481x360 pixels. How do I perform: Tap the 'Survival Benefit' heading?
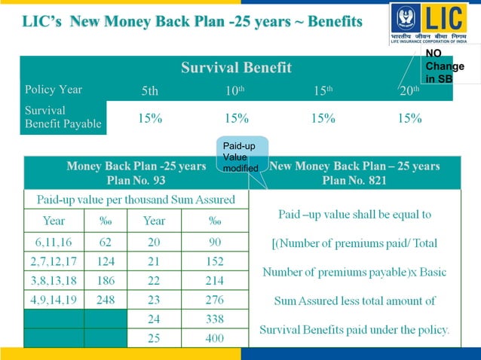pos(236,68)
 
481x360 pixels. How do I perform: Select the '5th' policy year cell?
pos(150,91)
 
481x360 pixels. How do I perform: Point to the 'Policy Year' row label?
pos(54,90)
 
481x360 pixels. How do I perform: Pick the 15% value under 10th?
pos(236,118)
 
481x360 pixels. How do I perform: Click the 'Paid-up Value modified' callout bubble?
pos(240,156)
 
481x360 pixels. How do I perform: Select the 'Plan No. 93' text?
pos(136,181)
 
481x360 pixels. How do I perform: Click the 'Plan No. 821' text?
pos(354,181)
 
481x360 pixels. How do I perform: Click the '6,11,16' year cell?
pos(54,242)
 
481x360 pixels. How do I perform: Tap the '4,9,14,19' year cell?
pos(54,300)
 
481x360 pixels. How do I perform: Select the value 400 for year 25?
pos(214,338)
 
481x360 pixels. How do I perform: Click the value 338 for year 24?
pos(214,319)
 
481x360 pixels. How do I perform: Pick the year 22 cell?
pos(154,280)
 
